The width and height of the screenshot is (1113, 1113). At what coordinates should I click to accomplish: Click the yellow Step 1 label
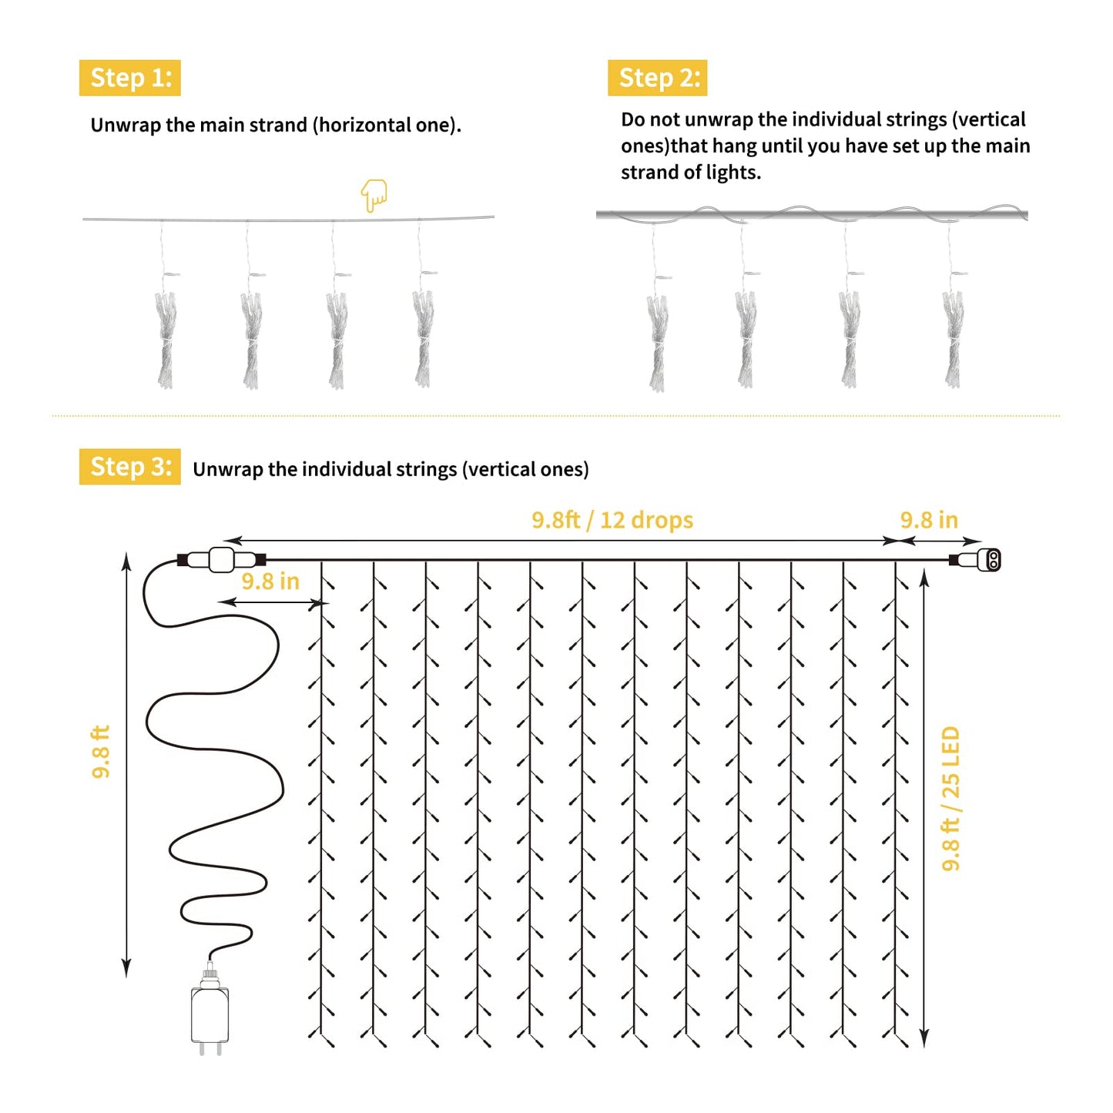129,78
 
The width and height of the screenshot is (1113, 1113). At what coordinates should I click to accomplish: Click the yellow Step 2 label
658,78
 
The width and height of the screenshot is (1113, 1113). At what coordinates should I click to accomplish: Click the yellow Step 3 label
129,467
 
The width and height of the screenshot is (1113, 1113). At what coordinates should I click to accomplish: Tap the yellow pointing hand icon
374,195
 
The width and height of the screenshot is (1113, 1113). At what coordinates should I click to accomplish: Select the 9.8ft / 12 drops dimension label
612,520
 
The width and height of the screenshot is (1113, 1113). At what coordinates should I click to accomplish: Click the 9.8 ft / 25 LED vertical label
950,799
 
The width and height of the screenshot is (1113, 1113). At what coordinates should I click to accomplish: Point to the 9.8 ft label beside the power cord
101,752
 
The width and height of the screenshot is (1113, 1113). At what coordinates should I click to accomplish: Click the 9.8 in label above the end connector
929,520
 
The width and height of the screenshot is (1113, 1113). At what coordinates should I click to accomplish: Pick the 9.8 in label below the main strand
270,582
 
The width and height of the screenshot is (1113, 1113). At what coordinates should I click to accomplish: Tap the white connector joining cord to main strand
222,560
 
